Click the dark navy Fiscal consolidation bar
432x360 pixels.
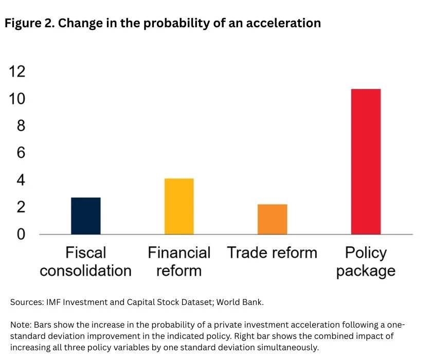coord(86,216)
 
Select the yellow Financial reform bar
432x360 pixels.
coord(179,206)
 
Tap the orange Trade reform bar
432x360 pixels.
coord(273,219)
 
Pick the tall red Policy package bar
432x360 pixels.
coord(366,161)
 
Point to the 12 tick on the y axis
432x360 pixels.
coord(17,71)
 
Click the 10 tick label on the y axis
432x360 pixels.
coord(17,99)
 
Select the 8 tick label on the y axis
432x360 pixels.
coord(21,126)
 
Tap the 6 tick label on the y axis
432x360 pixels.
coord(21,153)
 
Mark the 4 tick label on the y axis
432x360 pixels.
coord(21,180)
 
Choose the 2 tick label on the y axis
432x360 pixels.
coord(21,207)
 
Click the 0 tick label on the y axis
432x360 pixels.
coord(21,235)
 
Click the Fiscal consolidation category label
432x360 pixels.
coord(86,261)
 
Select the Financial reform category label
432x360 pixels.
coord(179,261)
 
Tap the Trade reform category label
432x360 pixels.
coord(273,253)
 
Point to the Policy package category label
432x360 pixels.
coord(366,261)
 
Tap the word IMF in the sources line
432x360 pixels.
coord(51,302)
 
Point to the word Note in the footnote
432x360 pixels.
coord(20,326)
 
